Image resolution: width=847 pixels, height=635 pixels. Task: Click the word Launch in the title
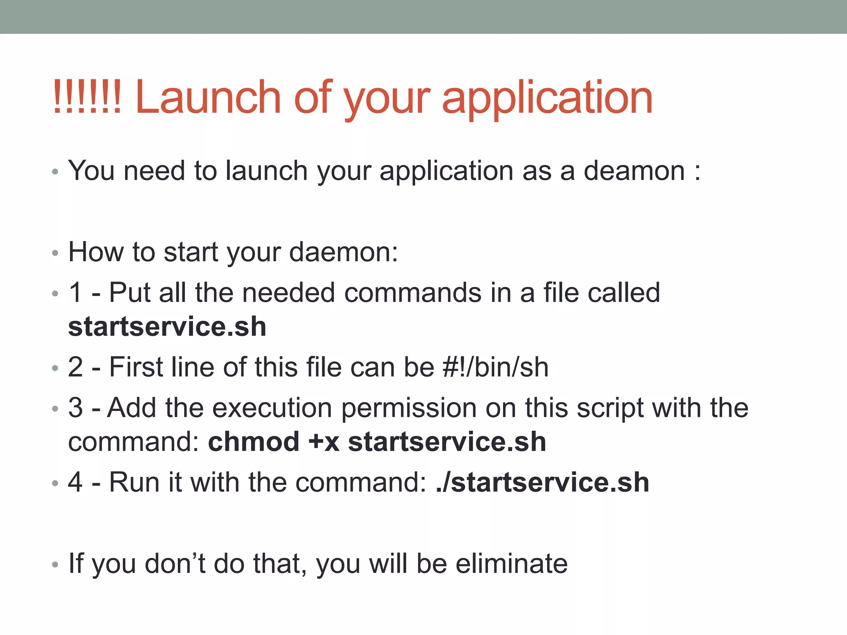(x=208, y=98)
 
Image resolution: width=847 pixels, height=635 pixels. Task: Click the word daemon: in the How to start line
(x=343, y=252)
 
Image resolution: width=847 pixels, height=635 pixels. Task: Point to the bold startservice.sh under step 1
(x=167, y=327)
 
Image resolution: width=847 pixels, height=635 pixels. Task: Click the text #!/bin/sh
(x=495, y=367)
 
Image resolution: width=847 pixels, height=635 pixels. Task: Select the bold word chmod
(x=254, y=442)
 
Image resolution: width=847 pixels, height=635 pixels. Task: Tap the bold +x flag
(x=324, y=442)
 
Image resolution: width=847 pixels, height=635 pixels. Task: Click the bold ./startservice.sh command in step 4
(x=542, y=482)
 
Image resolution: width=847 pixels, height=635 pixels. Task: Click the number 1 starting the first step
(x=75, y=293)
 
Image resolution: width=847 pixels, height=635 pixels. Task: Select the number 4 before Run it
(x=75, y=482)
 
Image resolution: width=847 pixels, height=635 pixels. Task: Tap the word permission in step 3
(x=409, y=408)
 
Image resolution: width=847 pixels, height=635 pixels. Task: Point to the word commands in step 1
(x=412, y=293)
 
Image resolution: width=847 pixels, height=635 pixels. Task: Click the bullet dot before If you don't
(x=55, y=564)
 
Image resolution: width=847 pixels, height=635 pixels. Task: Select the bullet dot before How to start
(x=55, y=253)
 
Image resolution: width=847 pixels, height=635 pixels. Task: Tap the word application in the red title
(x=547, y=98)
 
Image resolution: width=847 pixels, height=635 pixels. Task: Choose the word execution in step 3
(x=272, y=408)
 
